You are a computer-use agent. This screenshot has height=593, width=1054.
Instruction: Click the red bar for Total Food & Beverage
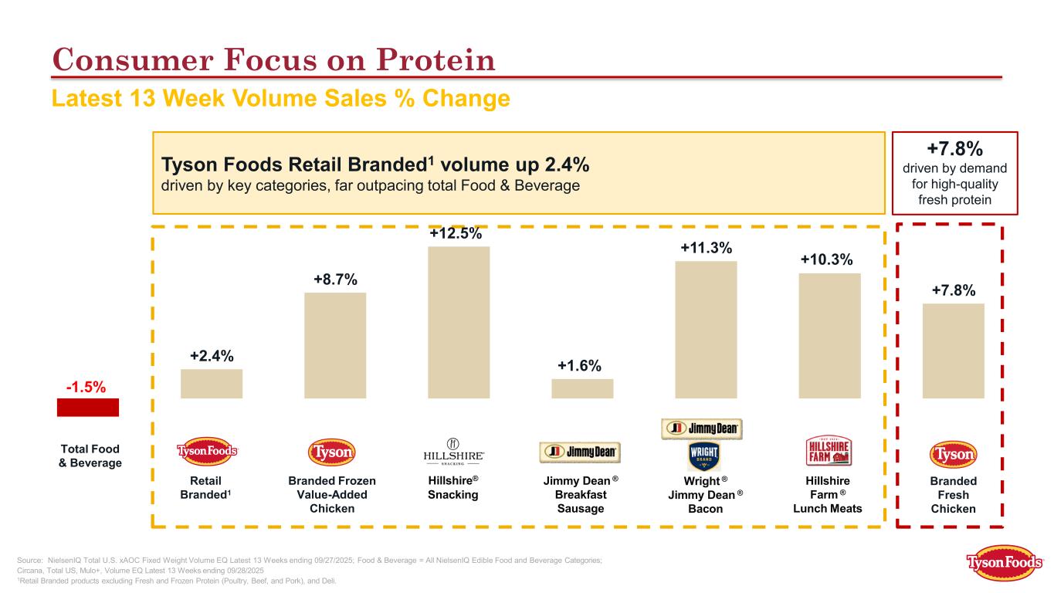(x=88, y=407)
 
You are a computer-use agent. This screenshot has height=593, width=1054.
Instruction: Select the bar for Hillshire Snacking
(x=459, y=322)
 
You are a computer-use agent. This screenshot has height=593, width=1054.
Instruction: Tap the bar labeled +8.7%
(x=335, y=345)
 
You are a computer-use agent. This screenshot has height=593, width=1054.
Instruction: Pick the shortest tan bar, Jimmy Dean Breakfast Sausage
(x=582, y=388)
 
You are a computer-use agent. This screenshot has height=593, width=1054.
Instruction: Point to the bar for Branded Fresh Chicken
(x=953, y=351)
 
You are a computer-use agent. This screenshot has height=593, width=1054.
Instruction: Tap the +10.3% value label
(x=829, y=261)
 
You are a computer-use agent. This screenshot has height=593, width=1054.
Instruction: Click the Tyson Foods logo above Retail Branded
(x=208, y=452)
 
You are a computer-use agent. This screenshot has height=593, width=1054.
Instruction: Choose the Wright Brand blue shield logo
(x=703, y=456)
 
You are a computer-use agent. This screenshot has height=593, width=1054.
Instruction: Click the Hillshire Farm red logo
(x=829, y=451)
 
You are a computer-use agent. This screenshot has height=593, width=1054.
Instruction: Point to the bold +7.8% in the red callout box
(x=955, y=147)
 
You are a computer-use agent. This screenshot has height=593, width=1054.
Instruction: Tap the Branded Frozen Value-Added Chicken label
(x=332, y=494)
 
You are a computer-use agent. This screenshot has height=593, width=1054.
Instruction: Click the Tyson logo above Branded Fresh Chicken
(x=953, y=454)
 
